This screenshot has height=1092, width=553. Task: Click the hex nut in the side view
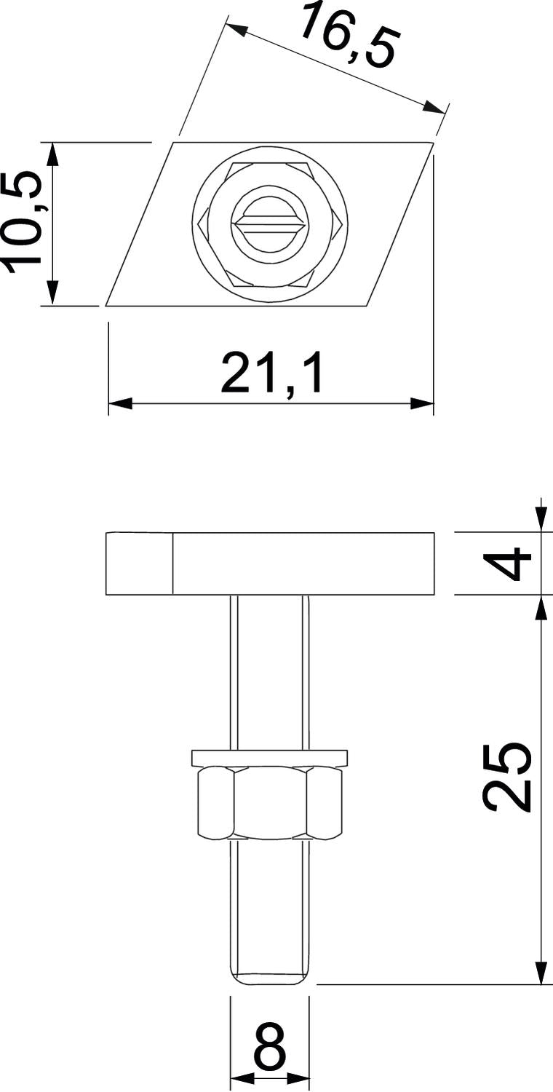[x=269, y=803]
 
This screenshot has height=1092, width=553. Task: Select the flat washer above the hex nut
[x=269, y=758]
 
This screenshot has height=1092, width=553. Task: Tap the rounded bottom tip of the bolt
[x=269, y=977]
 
